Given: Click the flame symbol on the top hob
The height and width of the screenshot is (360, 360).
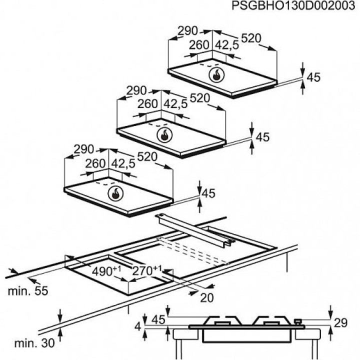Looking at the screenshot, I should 217,76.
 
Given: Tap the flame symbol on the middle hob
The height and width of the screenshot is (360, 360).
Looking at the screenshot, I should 164,134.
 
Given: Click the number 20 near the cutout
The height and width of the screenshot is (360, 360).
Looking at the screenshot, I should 206,298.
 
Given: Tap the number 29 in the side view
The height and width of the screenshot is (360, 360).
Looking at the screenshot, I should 340,323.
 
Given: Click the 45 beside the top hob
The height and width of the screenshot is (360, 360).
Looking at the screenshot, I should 313,77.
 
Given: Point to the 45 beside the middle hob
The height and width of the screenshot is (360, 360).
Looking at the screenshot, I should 262,136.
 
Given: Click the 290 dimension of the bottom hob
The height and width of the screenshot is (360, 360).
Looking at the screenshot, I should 84,149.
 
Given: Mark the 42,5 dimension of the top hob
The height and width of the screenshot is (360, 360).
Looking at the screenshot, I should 227,45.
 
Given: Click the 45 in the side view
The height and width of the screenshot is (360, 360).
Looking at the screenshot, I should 157,319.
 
